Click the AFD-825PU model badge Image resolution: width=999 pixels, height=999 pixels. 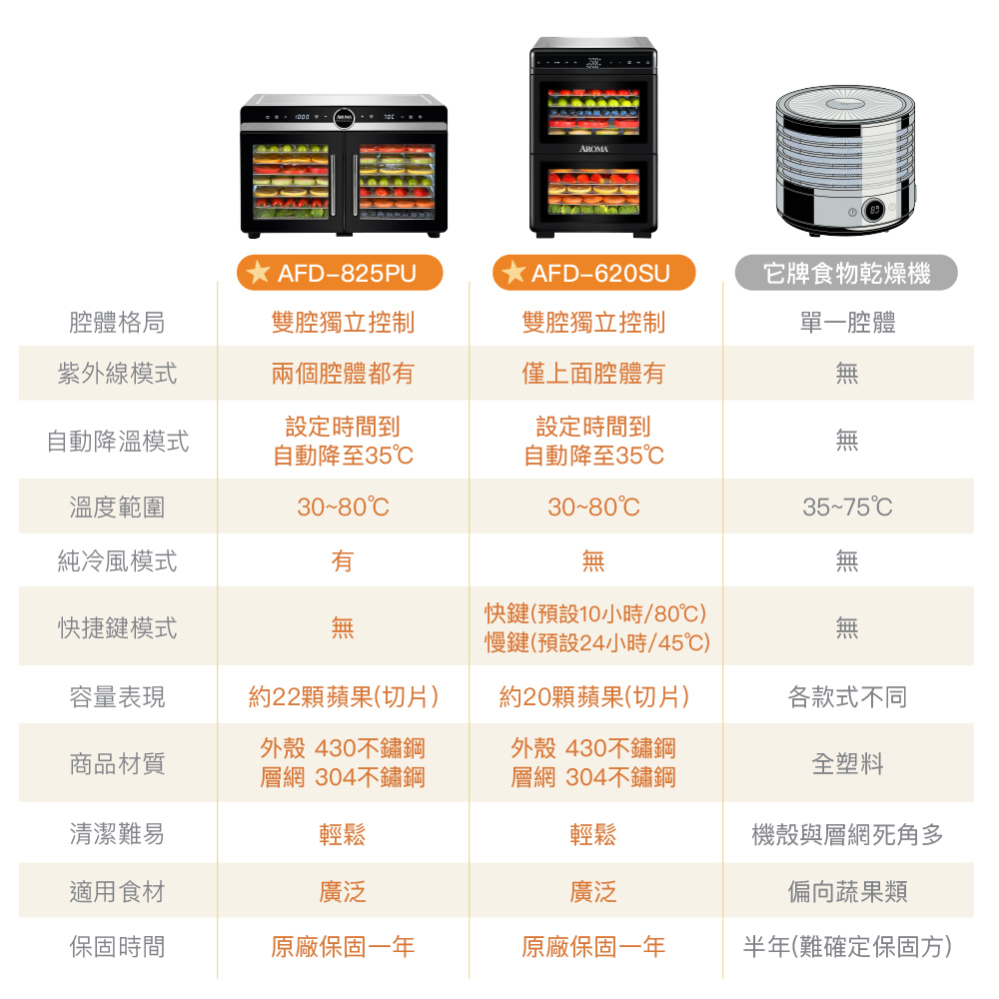pyautogui.click(x=340, y=273)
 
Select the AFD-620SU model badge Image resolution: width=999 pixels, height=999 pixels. pyautogui.click(x=593, y=273)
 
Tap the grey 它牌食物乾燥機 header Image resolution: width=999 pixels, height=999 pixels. pyautogui.click(x=846, y=273)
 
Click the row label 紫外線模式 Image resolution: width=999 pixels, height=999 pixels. pyautogui.click(x=117, y=374)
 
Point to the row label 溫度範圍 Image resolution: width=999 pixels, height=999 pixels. pyautogui.click(x=117, y=507)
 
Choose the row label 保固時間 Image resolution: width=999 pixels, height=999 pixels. pyautogui.click(x=117, y=947)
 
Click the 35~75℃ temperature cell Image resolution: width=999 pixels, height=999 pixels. pyautogui.click(x=847, y=507)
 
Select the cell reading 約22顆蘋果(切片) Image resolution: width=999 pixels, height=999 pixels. pyautogui.click(x=344, y=697)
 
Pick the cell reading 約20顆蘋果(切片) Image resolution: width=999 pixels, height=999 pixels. pyautogui.click(x=594, y=697)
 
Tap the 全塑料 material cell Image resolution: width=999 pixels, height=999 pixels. pyautogui.click(x=847, y=763)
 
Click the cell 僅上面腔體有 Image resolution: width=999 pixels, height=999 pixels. pyautogui.click(x=593, y=374)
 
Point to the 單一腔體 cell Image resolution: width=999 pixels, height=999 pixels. pyautogui.click(x=847, y=323)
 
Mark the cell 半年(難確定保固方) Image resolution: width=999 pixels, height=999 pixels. pyautogui.click(x=847, y=947)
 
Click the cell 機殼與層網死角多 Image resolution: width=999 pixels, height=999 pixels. pyautogui.click(x=847, y=834)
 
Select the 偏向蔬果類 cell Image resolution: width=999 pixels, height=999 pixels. pyautogui.click(x=847, y=892)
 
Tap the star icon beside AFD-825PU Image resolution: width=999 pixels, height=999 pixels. pyautogui.click(x=258, y=272)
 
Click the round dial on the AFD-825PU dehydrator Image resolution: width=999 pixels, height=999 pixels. pyautogui.click(x=344, y=117)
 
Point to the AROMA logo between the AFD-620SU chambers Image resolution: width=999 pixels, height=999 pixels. pyautogui.click(x=593, y=149)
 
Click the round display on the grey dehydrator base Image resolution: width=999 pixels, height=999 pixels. pyautogui.click(x=874, y=210)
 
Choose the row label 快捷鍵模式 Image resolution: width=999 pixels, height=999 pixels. pyautogui.click(x=117, y=628)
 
